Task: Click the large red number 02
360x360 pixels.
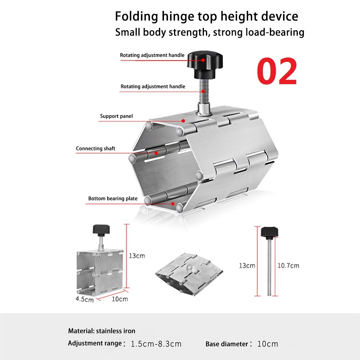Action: point(277,71)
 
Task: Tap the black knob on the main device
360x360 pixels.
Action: point(205,65)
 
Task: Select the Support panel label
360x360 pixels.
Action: point(117,116)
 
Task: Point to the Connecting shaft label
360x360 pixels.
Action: point(96,149)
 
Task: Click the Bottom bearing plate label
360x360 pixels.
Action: point(113,199)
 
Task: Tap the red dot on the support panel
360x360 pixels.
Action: point(183,121)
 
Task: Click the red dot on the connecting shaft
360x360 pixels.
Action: point(156,153)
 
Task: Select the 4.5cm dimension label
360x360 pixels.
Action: point(85,299)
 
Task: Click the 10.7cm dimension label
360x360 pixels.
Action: point(288,266)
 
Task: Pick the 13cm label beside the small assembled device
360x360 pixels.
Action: point(137,256)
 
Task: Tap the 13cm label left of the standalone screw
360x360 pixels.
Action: point(247,266)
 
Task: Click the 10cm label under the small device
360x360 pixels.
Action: point(120,299)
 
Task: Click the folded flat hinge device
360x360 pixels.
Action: point(189,275)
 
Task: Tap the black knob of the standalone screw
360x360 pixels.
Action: point(269,233)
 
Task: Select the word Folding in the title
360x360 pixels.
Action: point(136,17)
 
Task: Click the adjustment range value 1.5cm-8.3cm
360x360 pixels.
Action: point(156,344)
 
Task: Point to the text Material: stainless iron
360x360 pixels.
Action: point(102,331)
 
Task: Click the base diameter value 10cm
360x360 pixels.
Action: point(268,344)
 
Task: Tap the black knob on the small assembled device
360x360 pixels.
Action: point(101,229)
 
